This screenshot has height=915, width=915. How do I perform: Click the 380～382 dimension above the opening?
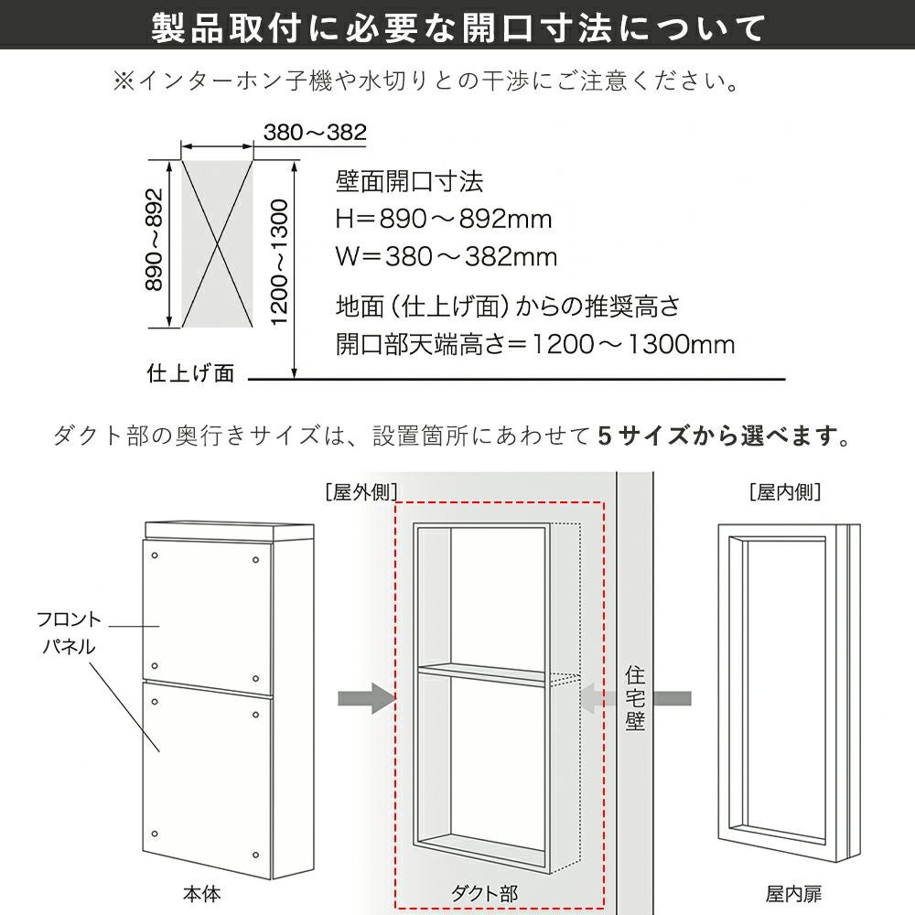point(315,133)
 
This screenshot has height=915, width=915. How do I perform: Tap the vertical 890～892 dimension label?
point(154,239)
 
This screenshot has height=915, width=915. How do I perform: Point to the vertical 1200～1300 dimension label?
point(280,262)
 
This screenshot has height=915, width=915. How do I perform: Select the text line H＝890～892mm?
point(444,220)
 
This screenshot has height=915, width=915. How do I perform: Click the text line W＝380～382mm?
point(447,257)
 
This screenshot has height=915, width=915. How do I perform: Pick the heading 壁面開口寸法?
point(410,181)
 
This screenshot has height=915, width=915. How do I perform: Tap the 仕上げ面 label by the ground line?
point(191,373)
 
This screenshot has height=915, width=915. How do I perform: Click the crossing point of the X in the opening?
point(218,244)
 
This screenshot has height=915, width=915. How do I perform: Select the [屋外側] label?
point(361,492)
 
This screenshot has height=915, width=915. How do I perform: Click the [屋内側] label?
point(785,492)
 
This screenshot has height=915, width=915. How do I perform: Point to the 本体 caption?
point(202,894)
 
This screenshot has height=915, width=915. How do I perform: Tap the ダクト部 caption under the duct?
point(484,894)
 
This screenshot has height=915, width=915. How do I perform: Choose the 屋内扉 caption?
point(793,894)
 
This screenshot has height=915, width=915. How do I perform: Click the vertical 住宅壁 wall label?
point(635,698)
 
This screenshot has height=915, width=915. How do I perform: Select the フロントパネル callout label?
point(69,633)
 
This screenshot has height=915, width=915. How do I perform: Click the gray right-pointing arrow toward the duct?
point(367,698)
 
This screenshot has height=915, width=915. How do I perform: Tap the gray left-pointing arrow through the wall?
point(636,698)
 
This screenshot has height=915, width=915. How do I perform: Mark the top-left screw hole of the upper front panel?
point(155,555)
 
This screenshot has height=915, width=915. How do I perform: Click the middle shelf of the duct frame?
point(482,673)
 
